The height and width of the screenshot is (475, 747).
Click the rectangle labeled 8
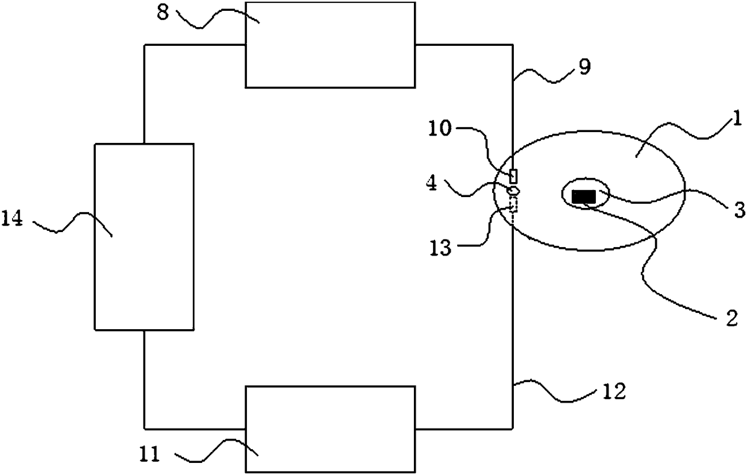[330, 45]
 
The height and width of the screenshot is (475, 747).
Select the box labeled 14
[144, 236]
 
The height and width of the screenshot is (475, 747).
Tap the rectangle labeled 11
[330, 429]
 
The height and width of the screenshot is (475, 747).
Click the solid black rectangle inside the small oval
[583, 196]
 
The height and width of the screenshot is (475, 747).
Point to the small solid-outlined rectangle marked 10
[513, 176]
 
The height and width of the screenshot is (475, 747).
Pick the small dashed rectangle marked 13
[513, 205]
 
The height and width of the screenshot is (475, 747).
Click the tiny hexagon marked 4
[514, 190]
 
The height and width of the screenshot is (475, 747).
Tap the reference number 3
[739, 209]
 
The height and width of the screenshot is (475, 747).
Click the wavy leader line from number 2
[648, 253]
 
